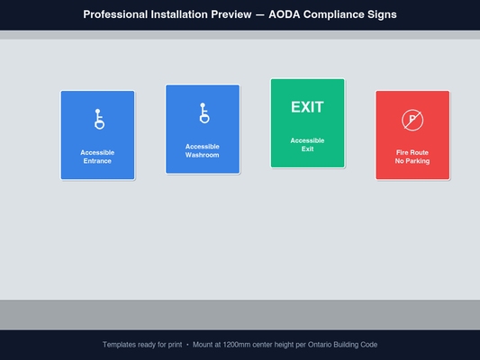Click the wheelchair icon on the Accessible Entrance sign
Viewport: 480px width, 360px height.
(x=98, y=120)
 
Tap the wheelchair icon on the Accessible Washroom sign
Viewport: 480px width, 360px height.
(x=204, y=113)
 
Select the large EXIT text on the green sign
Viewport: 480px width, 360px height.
(x=307, y=107)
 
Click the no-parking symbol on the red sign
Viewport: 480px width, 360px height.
(x=412, y=120)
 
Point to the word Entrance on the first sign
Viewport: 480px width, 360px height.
(x=97, y=161)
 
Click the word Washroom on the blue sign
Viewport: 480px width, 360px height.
(x=203, y=155)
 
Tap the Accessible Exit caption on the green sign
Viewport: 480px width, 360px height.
(x=307, y=144)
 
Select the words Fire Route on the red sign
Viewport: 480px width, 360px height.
(x=412, y=152)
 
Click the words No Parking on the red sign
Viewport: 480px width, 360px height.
(x=412, y=161)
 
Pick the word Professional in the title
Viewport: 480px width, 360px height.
(x=119, y=14)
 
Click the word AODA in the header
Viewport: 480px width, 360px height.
(x=286, y=14)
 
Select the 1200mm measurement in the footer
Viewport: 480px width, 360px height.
(x=233, y=345)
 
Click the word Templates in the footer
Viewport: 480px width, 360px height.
(x=120, y=345)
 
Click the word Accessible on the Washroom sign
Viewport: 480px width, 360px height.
(x=203, y=146)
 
